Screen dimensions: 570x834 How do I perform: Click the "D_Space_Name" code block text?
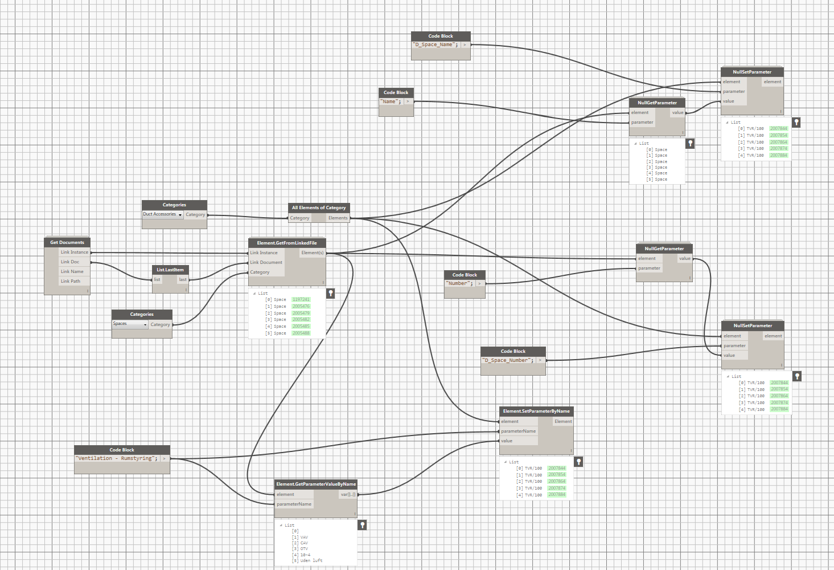click(435, 44)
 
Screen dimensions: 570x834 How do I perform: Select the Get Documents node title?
click(67, 242)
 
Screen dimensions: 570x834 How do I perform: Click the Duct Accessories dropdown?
click(163, 214)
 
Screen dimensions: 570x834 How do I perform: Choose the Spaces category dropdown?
click(130, 324)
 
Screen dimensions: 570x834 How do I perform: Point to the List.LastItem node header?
click(170, 270)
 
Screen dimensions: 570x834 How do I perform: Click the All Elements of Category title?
click(319, 207)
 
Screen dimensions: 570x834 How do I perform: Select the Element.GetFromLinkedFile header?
click(287, 243)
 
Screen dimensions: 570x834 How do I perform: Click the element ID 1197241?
click(301, 299)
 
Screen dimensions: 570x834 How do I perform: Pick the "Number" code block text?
click(459, 283)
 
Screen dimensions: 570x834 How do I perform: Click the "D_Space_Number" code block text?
click(508, 360)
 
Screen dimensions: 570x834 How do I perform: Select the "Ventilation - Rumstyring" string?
click(117, 458)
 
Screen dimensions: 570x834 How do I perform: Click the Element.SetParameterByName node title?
click(536, 411)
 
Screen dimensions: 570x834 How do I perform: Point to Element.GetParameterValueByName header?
click(316, 484)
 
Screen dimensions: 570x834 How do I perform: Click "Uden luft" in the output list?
click(311, 561)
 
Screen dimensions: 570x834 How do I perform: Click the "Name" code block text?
click(391, 101)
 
